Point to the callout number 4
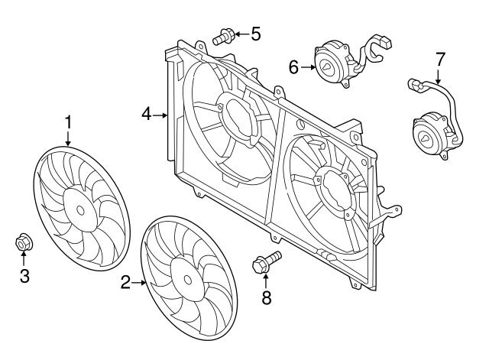146,115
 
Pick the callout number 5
255,33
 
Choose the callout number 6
293,67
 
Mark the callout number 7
439,58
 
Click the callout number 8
266,298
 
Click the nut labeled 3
23,243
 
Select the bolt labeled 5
224,34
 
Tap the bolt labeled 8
264,263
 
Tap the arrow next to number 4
160,115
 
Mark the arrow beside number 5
241,34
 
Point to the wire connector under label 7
416,86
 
